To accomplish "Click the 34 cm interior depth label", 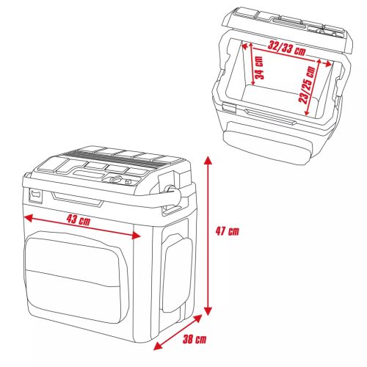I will coord(259,68).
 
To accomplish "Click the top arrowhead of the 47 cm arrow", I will coord(208,158).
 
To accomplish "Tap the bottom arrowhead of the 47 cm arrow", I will coord(208,310).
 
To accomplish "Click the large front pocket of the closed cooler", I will coord(73,275).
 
